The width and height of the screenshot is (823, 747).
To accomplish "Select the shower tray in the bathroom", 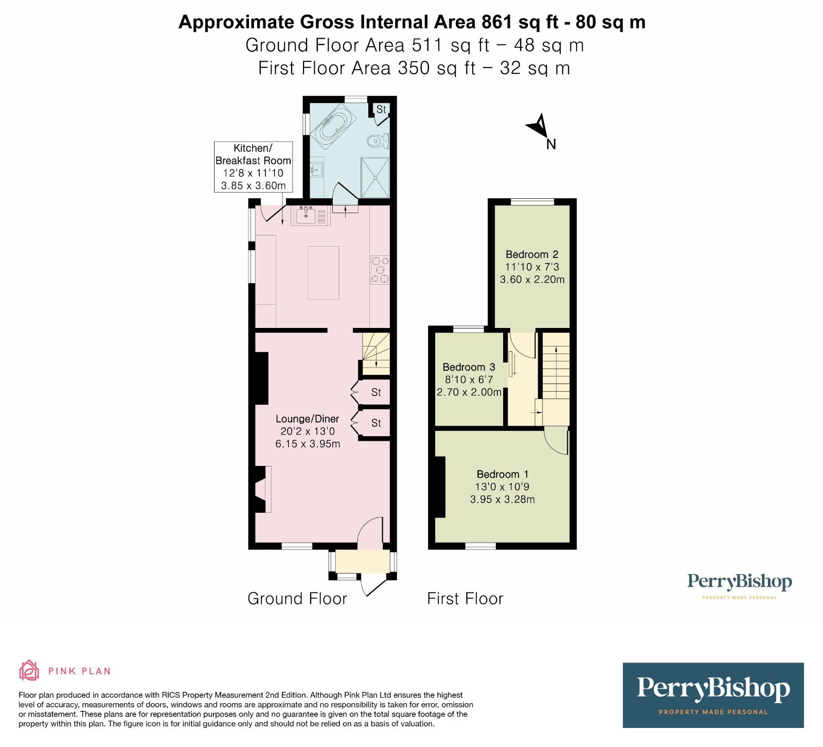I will (375, 177).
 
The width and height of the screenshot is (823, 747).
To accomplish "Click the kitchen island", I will (324, 273).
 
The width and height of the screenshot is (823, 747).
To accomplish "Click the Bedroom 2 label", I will (532, 254).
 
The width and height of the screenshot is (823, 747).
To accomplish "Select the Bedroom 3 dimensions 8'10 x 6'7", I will (469, 380).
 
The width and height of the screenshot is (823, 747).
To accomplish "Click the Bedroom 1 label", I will (502, 474).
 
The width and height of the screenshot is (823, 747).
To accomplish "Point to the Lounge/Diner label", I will (307, 419).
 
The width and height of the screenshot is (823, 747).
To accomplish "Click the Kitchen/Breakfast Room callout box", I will (253, 167).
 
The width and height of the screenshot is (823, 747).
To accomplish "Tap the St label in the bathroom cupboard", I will (381, 109).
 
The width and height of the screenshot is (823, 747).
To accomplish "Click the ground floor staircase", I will (376, 353).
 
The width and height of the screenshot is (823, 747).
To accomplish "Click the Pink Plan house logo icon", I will (29, 670).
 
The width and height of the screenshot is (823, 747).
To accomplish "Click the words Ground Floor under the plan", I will (297, 599).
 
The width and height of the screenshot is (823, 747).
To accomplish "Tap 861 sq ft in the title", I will (514, 22).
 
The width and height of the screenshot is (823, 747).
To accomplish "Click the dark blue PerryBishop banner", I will (713, 694).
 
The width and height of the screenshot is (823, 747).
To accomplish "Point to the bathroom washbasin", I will (316, 168).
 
